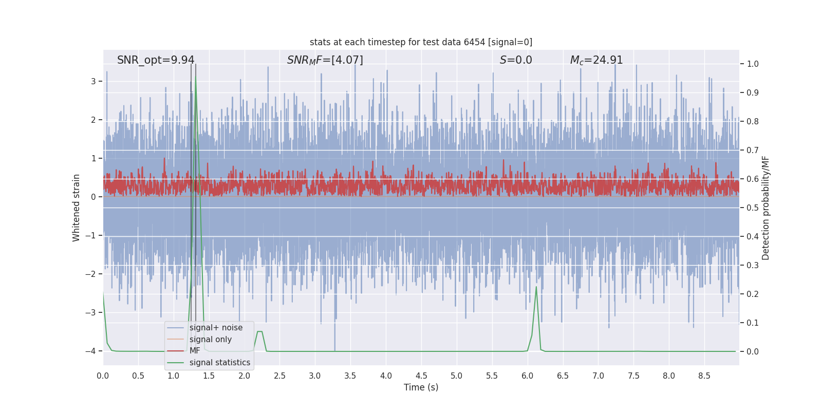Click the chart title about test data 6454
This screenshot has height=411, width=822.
[421, 42]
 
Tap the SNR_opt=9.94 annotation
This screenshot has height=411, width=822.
[156, 60]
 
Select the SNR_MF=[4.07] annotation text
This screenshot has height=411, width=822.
[325, 60]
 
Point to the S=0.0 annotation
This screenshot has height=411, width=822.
[516, 60]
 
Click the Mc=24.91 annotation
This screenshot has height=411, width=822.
[596, 60]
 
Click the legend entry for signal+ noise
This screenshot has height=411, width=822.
[216, 328]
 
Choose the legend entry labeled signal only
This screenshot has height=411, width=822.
[210, 340]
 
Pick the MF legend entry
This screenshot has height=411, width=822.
[195, 351]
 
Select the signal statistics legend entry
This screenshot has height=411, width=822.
[219, 363]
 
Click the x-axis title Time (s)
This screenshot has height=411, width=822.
[421, 387]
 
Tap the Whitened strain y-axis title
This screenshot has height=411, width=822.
[76, 208]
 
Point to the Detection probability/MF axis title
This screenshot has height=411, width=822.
[765, 208]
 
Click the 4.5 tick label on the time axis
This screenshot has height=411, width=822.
[421, 376]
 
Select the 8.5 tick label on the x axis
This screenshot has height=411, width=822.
[704, 376]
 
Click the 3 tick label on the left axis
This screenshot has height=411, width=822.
[94, 82]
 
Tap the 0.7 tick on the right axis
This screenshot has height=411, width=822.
[753, 151]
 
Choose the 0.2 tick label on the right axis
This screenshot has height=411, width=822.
[753, 294]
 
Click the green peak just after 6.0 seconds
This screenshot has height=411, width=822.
[536, 287]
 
